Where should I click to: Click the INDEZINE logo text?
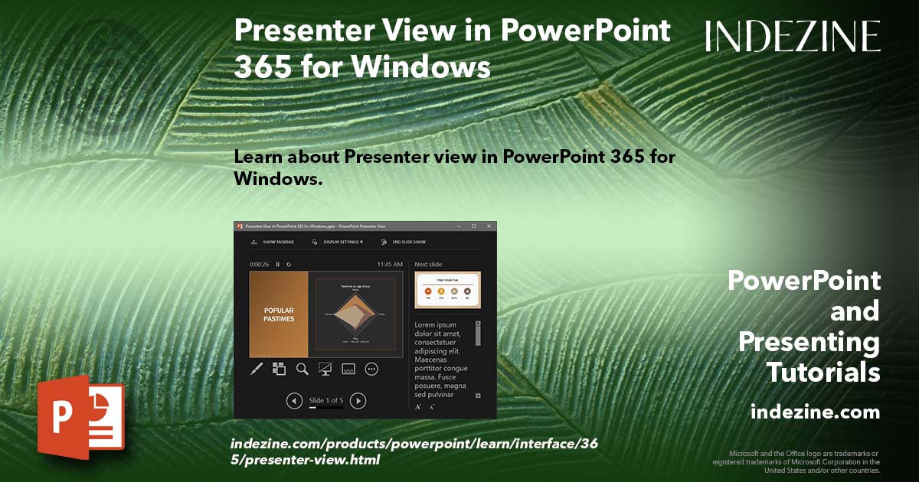[x=793, y=36]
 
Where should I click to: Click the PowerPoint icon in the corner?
[x=80, y=418]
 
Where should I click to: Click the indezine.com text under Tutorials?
[x=815, y=412]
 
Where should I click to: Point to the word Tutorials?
[x=823, y=373]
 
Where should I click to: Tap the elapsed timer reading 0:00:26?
[x=259, y=265]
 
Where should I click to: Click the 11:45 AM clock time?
[x=390, y=265]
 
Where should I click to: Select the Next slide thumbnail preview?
[x=447, y=290]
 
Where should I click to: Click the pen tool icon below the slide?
[x=257, y=369]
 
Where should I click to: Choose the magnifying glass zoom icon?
[x=303, y=369]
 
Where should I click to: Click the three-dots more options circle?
[x=371, y=369]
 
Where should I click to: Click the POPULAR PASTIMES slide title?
[x=279, y=314]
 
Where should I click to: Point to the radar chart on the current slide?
[x=355, y=314]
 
